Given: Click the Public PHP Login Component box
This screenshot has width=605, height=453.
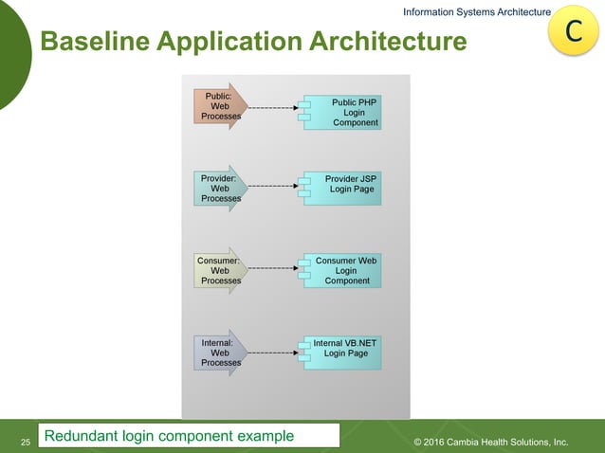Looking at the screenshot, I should [343, 112].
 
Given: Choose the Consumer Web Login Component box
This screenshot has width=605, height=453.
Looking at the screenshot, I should [343, 270].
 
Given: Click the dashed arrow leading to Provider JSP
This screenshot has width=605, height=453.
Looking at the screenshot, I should [273, 187].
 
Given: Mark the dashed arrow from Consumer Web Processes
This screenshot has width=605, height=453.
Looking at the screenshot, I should [273, 269].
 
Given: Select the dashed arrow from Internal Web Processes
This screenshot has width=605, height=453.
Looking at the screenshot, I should [273, 353].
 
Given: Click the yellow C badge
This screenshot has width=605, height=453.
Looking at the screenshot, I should [573, 30].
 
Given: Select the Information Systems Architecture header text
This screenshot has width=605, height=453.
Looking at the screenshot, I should [476, 11].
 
